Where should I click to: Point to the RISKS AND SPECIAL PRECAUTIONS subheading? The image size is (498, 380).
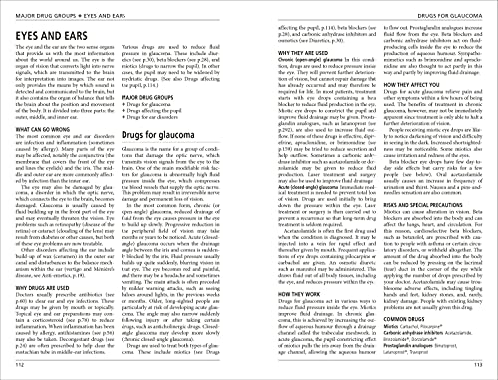coord(429,222)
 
